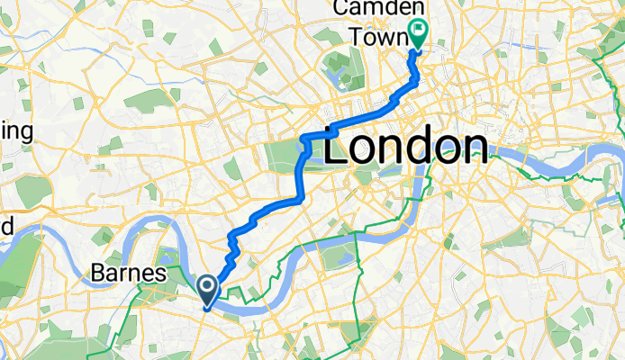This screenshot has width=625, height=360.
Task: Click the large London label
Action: point(405,146)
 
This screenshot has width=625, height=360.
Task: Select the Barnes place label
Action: point(128,272)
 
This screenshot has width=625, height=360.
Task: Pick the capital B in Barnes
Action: point(99,272)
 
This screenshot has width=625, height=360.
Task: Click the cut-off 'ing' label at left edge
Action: point(16,132)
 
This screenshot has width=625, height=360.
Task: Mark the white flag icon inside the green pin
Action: point(418,29)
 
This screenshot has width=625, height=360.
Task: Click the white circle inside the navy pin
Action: point(206,286)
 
